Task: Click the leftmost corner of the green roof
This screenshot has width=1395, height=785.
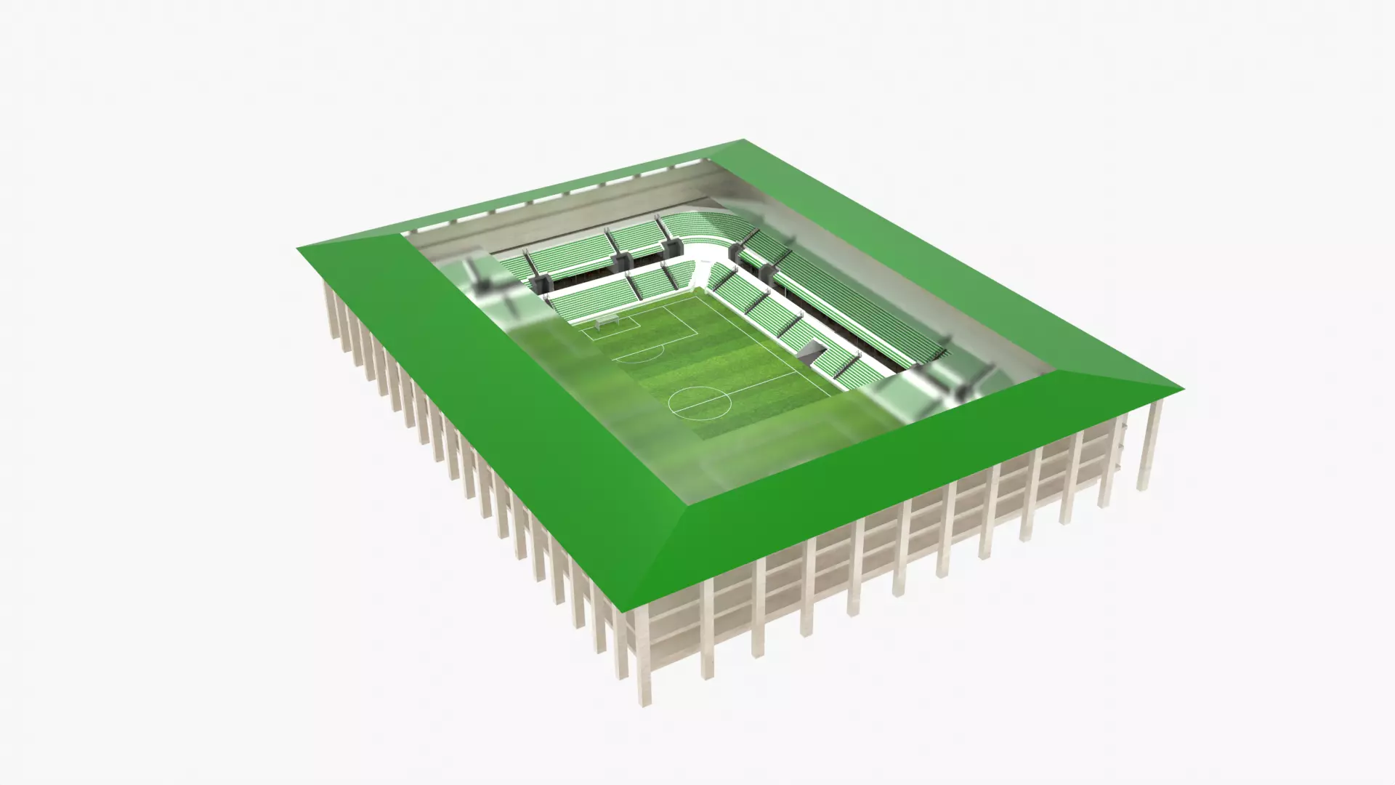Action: tap(298, 248)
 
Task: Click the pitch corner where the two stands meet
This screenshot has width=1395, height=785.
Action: tap(700, 291)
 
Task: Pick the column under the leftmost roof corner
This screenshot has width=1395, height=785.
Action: tap(329, 305)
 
